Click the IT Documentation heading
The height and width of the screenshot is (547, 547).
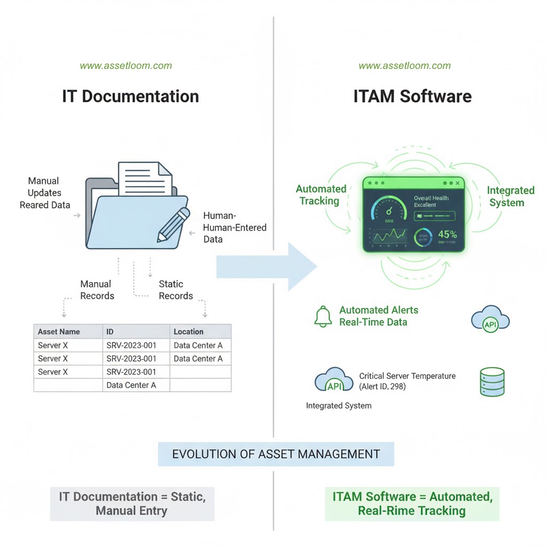click(x=130, y=96)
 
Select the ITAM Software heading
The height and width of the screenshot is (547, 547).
click(x=412, y=96)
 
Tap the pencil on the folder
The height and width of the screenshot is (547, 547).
click(x=174, y=224)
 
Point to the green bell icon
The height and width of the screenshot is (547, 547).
click(x=323, y=316)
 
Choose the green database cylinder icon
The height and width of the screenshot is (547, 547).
click(x=492, y=381)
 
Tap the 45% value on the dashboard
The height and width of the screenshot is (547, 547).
click(x=448, y=234)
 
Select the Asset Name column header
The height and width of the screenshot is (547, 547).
click(x=59, y=332)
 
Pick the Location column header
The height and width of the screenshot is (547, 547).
click(x=189, y=332)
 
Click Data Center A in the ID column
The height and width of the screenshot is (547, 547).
click(x=131, y=385)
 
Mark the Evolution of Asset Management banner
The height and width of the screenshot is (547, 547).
click(x=276, y=454)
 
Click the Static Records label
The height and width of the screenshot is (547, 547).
click(x=176, y=290)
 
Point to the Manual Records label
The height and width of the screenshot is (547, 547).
click(x=97, y=290)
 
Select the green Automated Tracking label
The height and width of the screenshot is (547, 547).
click(x=321, y=194)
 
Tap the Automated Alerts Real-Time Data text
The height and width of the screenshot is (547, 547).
click(x=378, y=316)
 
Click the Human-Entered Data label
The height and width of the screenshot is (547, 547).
click(x=235, y=228)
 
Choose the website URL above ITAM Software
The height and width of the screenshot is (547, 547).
click(x=404, y=66)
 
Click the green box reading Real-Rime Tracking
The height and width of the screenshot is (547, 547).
click(x=412, y=504)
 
